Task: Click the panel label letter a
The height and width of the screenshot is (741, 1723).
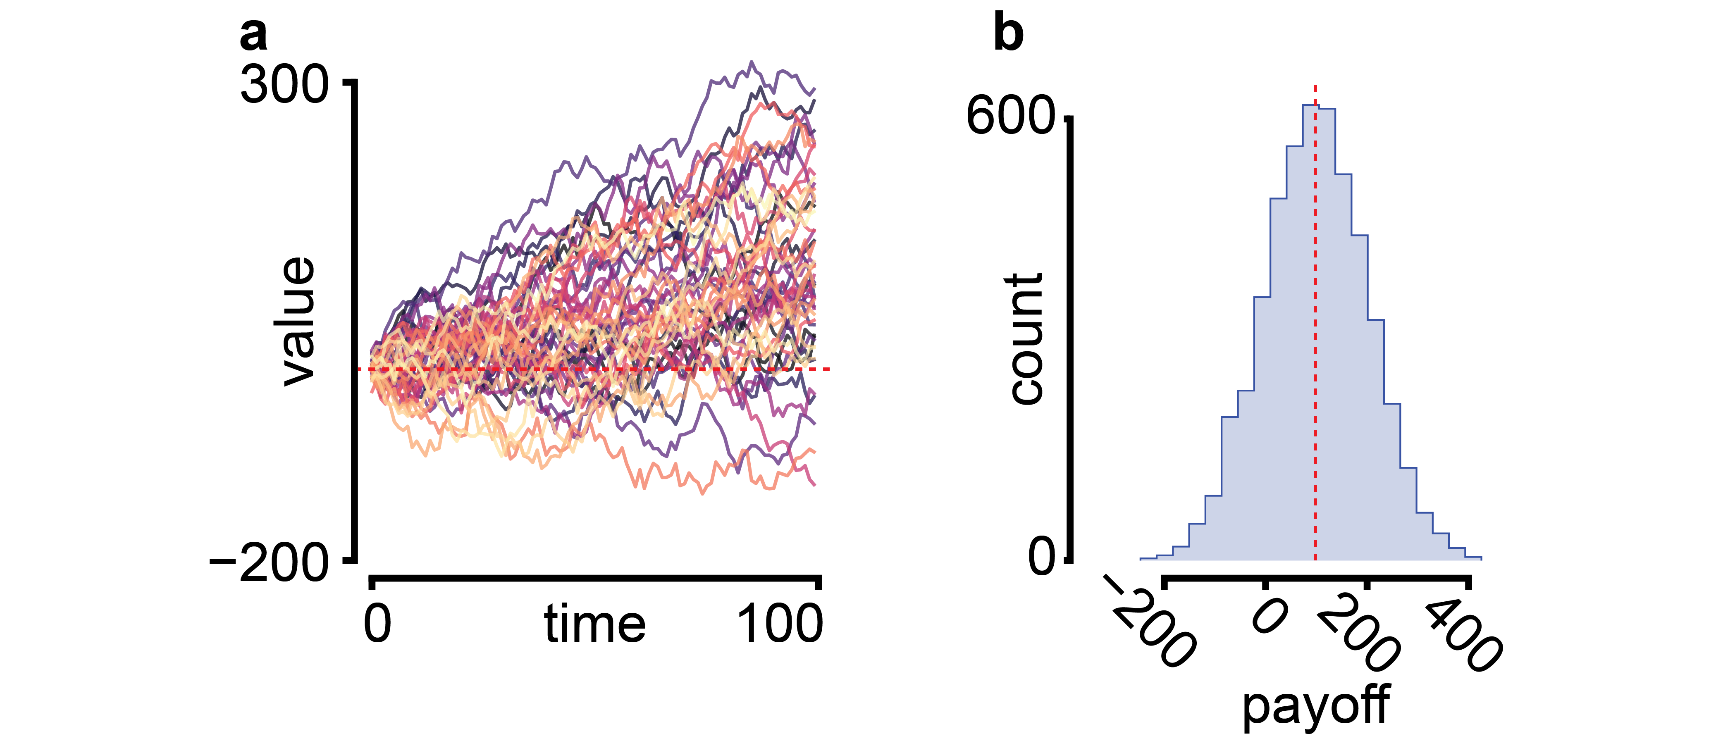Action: tap(253, 35)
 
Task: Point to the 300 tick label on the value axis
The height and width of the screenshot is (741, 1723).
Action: tap(285, 86)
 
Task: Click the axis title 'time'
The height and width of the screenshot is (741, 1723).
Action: tap(594, 624)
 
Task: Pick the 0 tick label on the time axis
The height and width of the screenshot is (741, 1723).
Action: tap(377, 624)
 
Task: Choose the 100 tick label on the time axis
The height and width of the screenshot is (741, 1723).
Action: tap(779, 624)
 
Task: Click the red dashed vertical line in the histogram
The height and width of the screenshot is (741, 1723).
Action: tap(1315, 334)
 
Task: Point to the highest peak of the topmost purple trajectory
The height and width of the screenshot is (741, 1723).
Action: tap(752, 62)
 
